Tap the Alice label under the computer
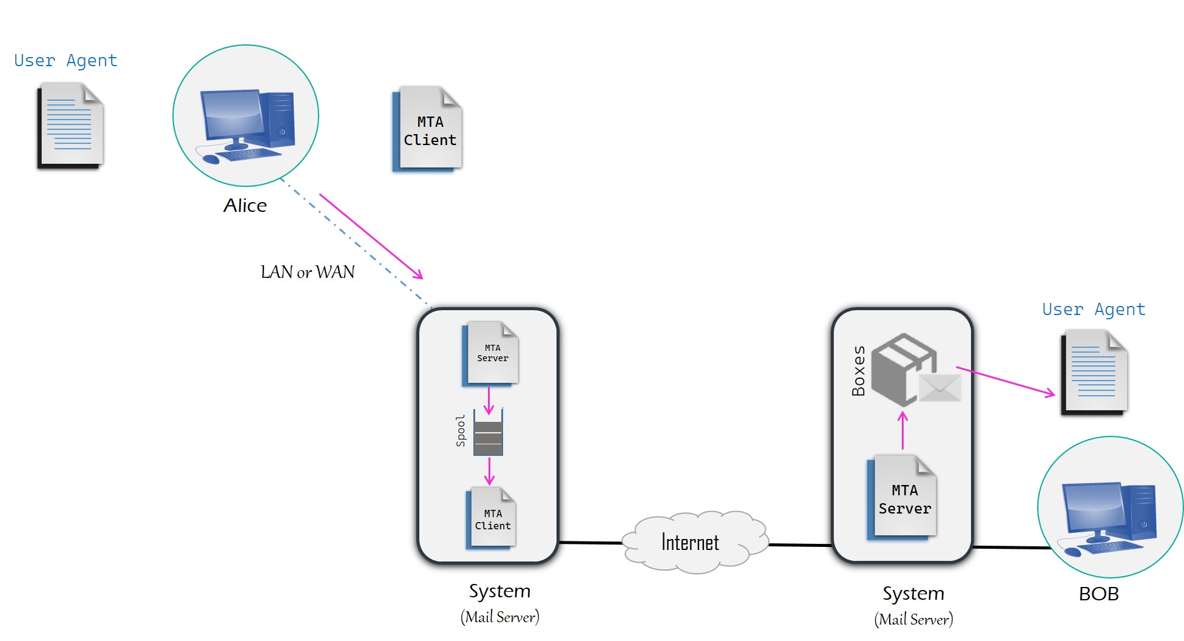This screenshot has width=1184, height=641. [x=245, y=206]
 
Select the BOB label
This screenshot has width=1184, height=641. [x=1098, y=594]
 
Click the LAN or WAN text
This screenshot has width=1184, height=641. [x=308, y=272]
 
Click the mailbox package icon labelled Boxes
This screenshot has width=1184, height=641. [x=903, y=368]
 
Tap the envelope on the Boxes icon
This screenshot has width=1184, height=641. [x=939, y=388]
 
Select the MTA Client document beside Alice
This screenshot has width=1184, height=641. [x=428, y=129]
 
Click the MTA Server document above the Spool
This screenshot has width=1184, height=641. [x=491, y=354]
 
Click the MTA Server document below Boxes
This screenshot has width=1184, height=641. [x=902, y=498]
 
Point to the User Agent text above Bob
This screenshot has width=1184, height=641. [x=1094, y=310]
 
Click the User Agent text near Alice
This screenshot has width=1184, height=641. [x=66, y=61]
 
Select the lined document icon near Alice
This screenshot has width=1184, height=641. [x=70, y=126]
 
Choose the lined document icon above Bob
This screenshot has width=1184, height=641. [x=1094, y=373]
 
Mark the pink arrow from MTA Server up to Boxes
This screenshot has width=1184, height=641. [x=902, y=430]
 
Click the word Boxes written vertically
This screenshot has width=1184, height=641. [x=858, y=371]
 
